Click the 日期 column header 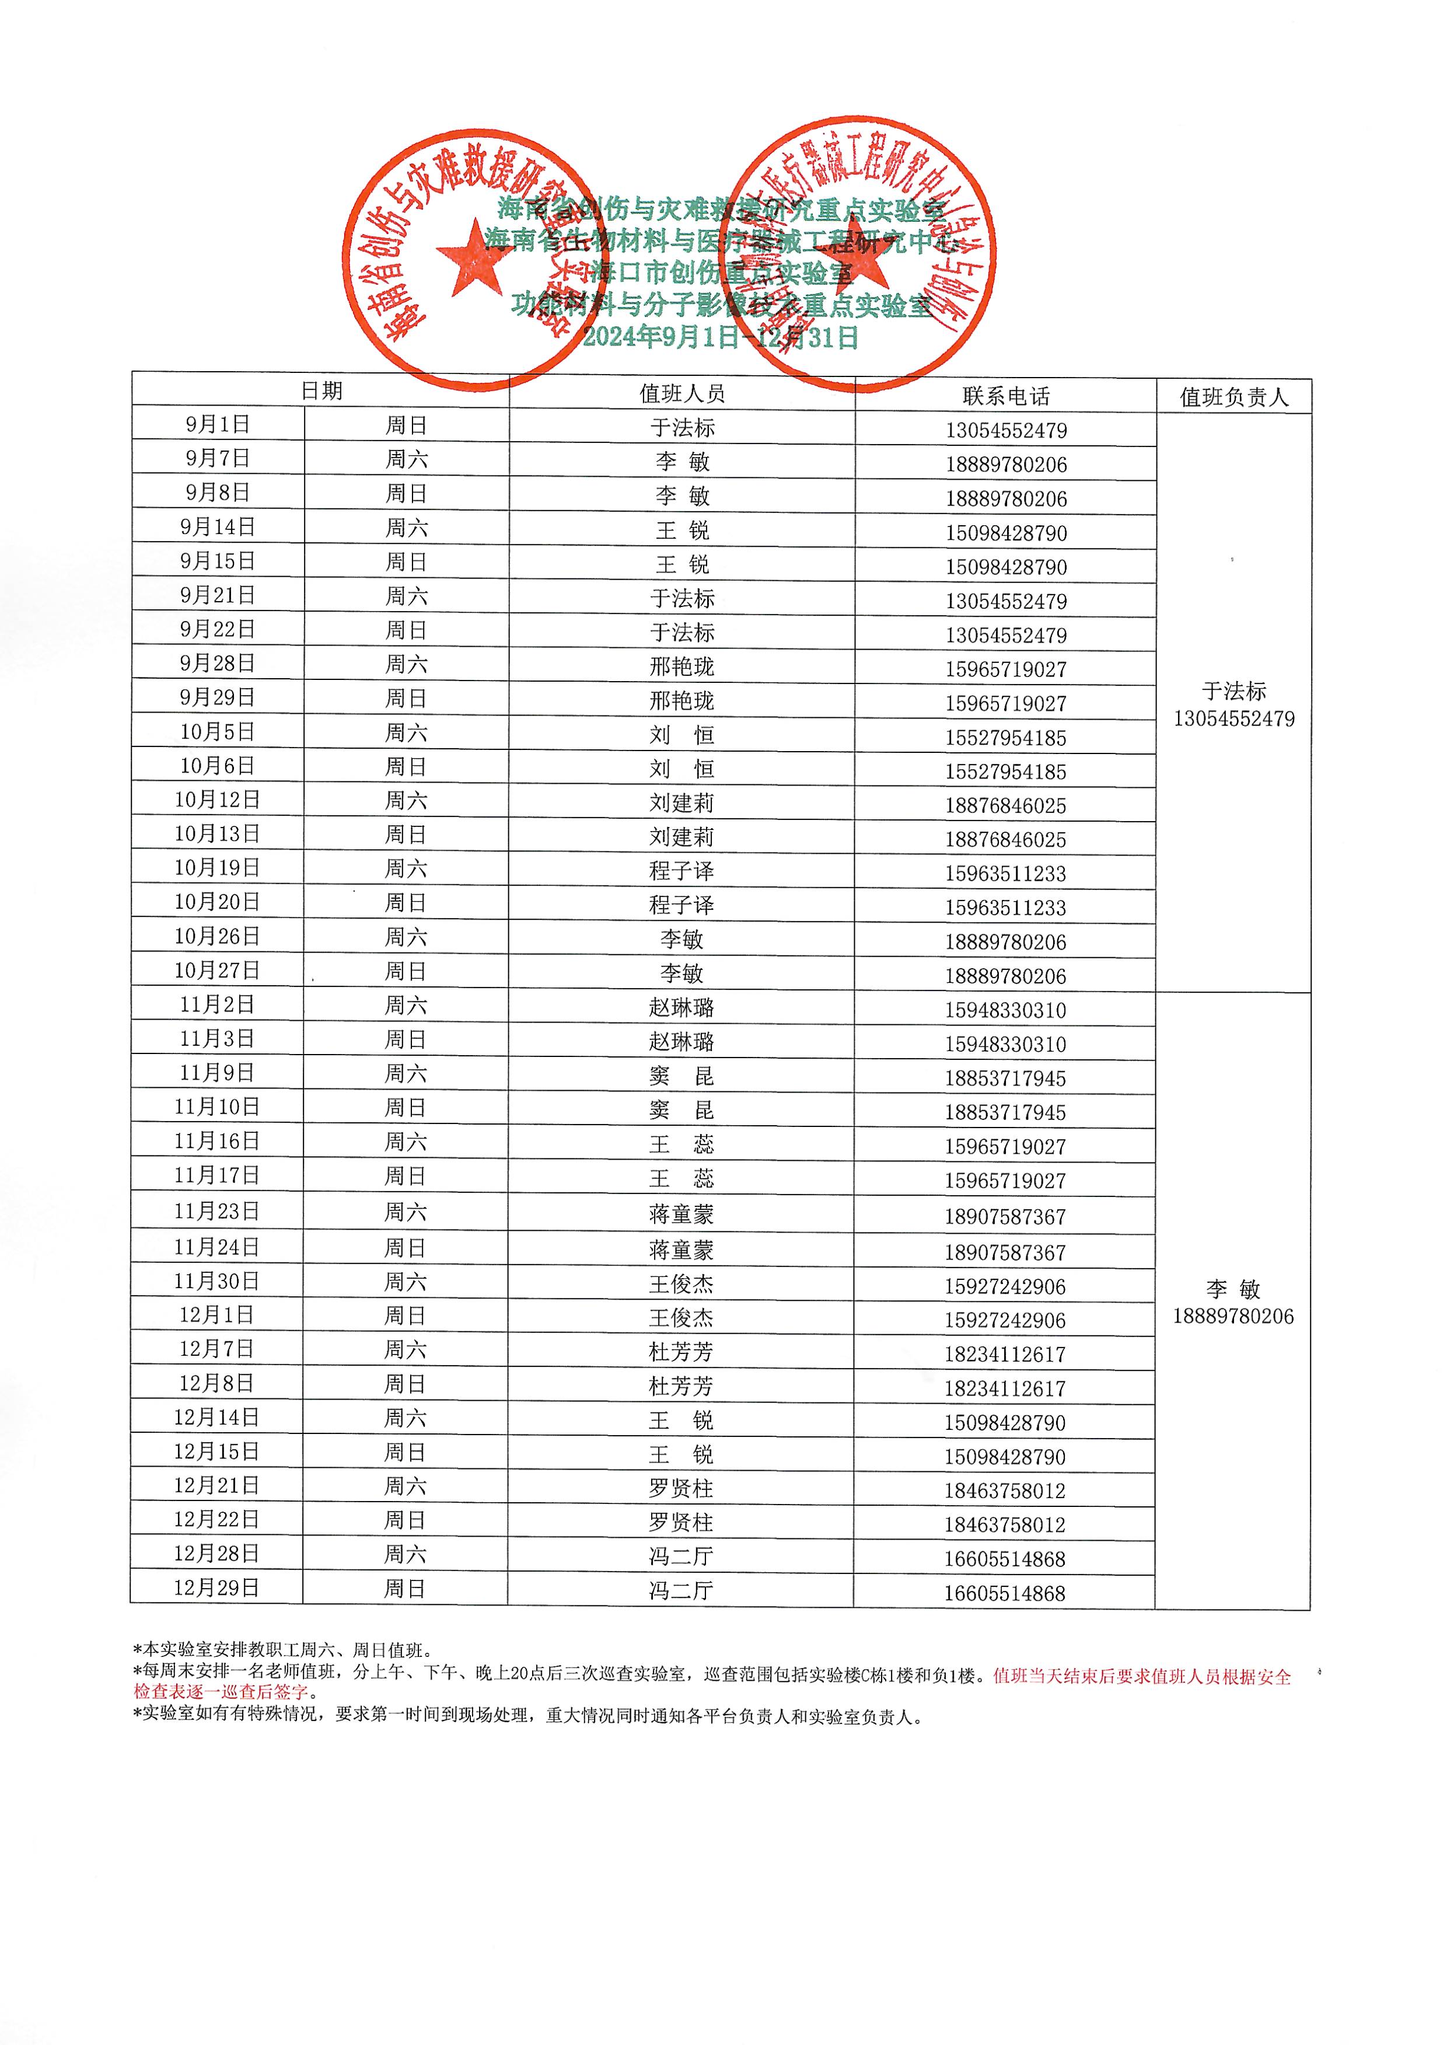tap(321, 391)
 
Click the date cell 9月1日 tap(218, 425)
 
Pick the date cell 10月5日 tap(218, 732)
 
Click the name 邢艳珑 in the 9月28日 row tap(681, 666)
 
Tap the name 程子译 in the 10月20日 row tap(681, 905)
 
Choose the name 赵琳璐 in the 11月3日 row tap(681, 1042)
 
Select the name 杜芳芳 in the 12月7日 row tap(681, 1353)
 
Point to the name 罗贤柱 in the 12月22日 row tap(681, 1523)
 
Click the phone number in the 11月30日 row tap(1005, 1287)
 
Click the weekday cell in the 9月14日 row tap(406, 528)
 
